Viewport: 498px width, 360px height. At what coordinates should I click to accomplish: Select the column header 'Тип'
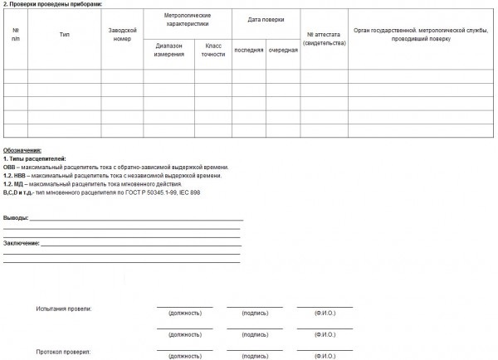tap(65, 35)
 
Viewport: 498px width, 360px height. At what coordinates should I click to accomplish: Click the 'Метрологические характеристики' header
tap(188, 21)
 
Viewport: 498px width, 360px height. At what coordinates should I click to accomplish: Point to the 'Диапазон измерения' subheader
tap(170, 50)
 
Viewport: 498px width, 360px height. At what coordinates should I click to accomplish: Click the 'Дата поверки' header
tap(266, 18)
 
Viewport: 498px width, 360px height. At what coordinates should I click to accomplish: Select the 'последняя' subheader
tap(248, 50)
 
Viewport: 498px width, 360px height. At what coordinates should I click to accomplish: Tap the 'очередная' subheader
tap(283, 50)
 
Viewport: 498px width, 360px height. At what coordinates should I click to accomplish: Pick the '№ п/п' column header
tap(16, 35)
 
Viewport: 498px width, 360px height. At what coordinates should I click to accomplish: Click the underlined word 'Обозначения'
tap(22, 150)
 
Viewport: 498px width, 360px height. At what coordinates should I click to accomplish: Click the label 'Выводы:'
tap(16, 218)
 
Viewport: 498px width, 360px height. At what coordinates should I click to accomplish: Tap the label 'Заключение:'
tap(22, 243)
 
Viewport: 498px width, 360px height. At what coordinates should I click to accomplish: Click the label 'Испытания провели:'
tap(64, 309)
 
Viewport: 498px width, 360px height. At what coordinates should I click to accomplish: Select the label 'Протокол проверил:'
tap(63, 352)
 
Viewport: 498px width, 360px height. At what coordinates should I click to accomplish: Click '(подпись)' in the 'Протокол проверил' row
tap(254, 356)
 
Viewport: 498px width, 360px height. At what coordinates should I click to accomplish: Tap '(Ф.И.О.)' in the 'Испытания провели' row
tap(325, 314)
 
